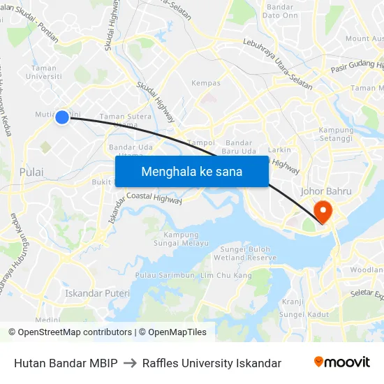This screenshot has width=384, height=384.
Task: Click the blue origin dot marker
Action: pyautogui.click(x=62, y=118)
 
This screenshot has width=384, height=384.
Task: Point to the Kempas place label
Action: pyautogui.click(x=206, y=83)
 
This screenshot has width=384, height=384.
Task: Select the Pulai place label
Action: pyautogui.click(x=31, y=172)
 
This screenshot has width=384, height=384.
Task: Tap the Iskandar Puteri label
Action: pyautogui.click(x=97, y=293)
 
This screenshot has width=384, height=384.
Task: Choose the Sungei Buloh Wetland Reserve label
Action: pyautogui.click(x=249, y=253)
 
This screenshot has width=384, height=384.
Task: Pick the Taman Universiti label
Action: pyautogui.click(x=44, y=73)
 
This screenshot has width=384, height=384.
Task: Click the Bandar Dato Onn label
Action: pyautogui.click(x=280, y=11)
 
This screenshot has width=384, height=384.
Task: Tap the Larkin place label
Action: pyautogui.click(x=280, y=149)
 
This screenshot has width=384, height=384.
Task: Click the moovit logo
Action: pyautogui.click(x=342, y=362)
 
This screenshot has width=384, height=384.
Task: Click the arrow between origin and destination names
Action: pyautogui.click(x=130, y=363)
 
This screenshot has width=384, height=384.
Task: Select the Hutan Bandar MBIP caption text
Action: pyautogui.click(x=66, y=363)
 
